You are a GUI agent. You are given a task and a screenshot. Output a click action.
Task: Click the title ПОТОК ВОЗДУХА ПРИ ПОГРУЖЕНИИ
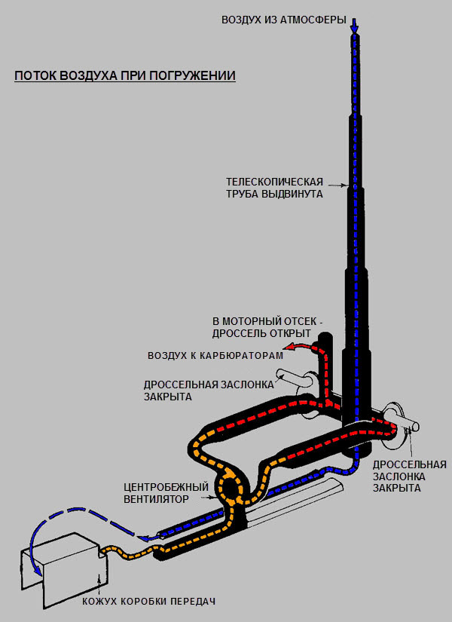(x=125, y=76)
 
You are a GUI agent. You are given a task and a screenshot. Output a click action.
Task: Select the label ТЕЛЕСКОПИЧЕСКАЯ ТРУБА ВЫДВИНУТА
(x=275, y=188)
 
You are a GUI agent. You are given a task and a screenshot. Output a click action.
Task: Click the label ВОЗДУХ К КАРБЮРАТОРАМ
(x=215, y=354)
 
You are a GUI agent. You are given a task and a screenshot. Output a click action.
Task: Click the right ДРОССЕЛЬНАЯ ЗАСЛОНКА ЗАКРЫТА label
(x=410, y=476)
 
